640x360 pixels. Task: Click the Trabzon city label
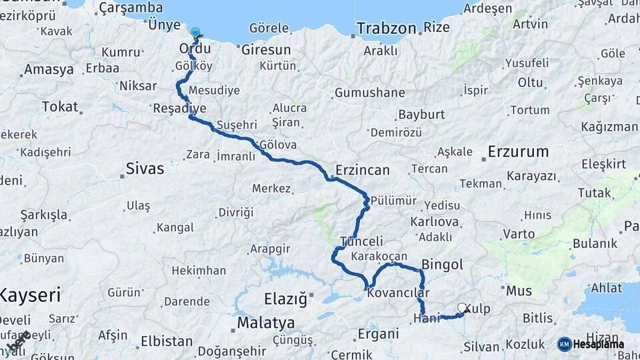pos(386,29)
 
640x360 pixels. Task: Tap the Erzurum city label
pos(518,151)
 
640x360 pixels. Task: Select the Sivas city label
pos(145,169)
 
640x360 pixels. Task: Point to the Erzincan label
pos(362,170)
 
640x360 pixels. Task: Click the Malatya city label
pos(266,323)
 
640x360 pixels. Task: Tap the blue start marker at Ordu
pos(195,33)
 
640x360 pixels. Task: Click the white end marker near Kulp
pos(462,308)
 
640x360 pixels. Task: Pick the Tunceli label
pos(361,241)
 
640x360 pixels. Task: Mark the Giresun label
pos(266,50)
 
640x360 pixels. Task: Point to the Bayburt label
pos(421,115)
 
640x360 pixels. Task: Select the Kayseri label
pos(30,295)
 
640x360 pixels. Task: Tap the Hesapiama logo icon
pos(565,344)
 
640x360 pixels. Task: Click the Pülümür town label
pos(393,201)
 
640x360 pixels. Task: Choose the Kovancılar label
pos(398,293)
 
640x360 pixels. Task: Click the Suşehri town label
pos(237,125)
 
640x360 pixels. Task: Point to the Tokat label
pos(59,107)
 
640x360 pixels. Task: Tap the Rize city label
pos(437,29)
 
